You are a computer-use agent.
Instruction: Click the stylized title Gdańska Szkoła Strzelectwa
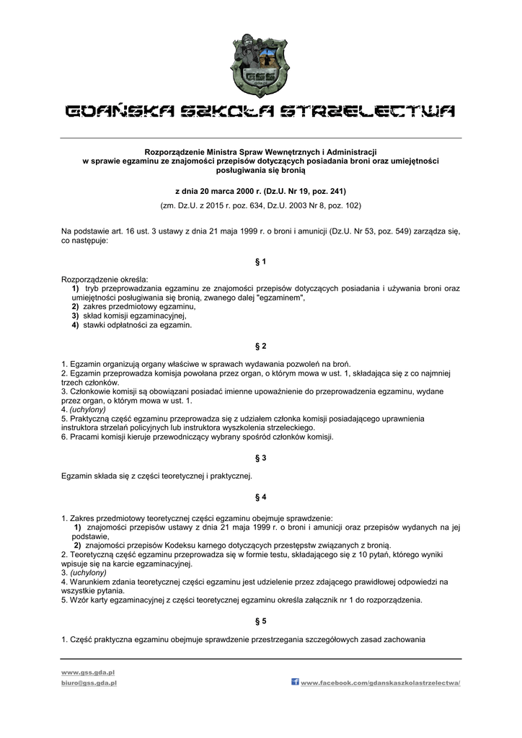point(260,111)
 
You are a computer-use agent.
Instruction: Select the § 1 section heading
point(261,261)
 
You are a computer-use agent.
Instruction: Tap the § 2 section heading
point(261,346)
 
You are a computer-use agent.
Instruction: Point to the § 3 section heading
point(261,458)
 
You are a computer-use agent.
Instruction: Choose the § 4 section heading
point(261,497)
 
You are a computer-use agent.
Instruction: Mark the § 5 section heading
point(261,621)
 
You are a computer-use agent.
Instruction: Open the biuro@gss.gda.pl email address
point(89,682)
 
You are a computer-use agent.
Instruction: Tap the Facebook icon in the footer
point(295,682)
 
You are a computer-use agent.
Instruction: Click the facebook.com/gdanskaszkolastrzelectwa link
point(380,683)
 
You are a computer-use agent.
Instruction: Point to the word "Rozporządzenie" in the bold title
point(174,152)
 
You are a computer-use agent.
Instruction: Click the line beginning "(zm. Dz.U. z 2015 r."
point(260,205)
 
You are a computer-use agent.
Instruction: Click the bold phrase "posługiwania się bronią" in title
point(260,171)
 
